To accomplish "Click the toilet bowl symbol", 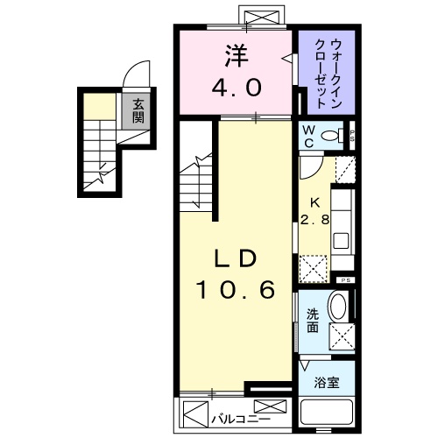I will pos(332,136).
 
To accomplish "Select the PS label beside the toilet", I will pos(351,136).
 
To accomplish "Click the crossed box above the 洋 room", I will pos(263,17).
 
